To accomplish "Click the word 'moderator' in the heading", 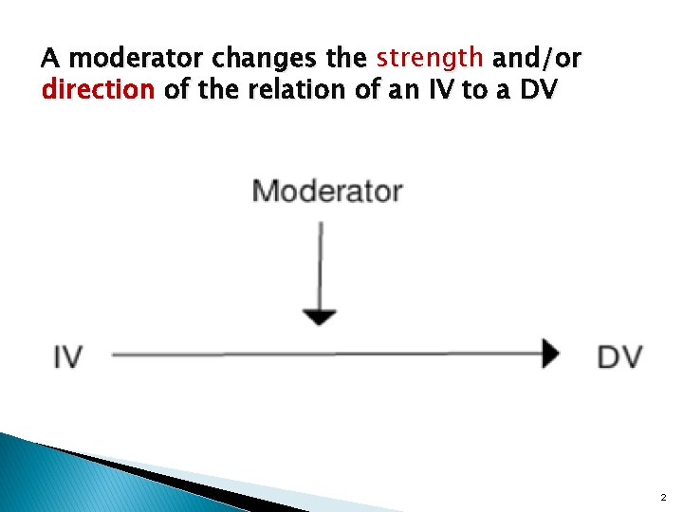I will point(137,59).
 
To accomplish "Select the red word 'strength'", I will point(430,59).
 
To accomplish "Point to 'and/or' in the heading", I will point(537,59).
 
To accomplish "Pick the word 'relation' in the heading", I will point(310,91).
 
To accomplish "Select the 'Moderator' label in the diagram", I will point(327,192).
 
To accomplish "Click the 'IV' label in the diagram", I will point(67,357).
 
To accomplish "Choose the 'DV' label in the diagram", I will point(619,357).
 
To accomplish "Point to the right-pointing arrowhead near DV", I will point(550,355).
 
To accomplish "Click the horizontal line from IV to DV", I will point(323,355).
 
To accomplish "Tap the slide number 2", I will point(663,497).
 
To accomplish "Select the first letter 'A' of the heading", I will point(50,59).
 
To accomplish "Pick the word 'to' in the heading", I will point(479,91).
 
